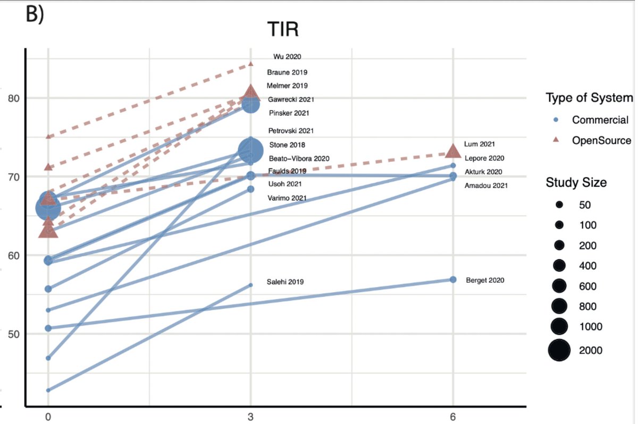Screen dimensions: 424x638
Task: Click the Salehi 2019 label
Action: coord(286,282)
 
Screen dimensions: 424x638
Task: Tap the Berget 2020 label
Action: coord(485,280)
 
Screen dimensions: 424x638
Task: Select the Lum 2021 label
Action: coord(480,144)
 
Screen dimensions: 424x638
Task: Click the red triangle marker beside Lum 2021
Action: coord(453,151)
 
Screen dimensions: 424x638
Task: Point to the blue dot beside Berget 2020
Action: coord(453,279)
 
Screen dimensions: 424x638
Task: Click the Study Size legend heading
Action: coord(576,183)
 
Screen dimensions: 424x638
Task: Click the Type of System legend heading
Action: coord(589,98)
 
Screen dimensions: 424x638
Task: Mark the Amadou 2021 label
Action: coord(486,185)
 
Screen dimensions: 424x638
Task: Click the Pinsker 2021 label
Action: coord(289,113)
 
